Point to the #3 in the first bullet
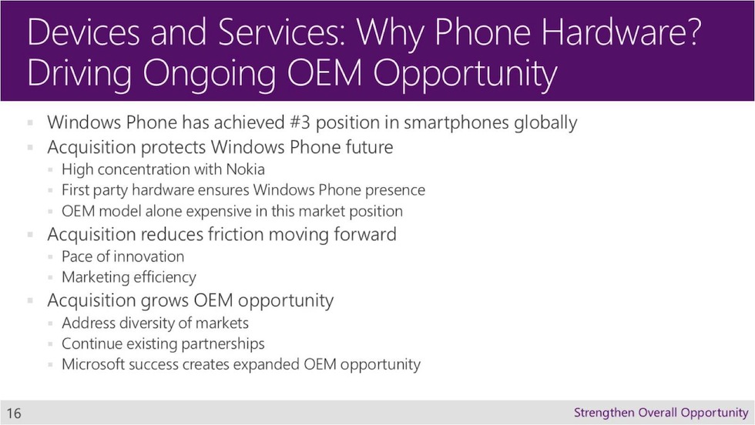(x=300, y=122)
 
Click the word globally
(x=545, y=123)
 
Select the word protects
(x=173, y=148)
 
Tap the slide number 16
(x=14, y=413)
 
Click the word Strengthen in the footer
(x=604, y=413)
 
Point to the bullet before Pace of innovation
(x=50, y=257)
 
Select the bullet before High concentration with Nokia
(x=50, y=170)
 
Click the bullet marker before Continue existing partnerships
(x=50, y=344)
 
